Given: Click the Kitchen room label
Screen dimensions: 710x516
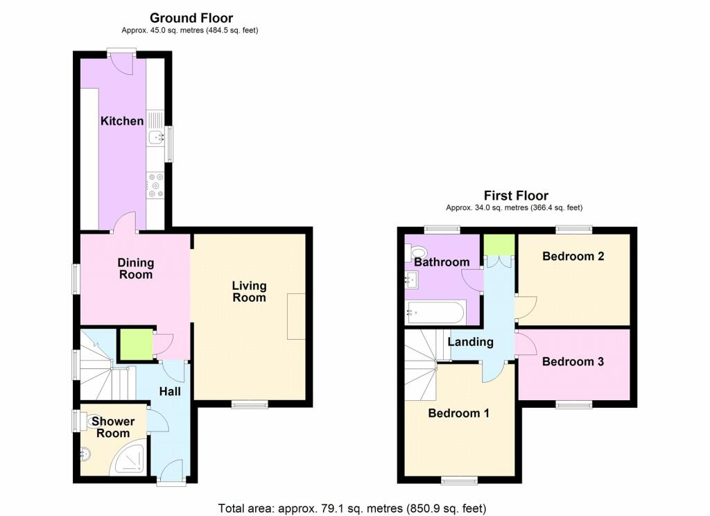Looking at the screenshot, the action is (x=122, y=121).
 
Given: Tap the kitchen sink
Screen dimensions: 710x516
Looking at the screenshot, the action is (x=156, y=137).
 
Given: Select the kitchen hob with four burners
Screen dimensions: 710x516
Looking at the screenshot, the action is (x=156, y=185).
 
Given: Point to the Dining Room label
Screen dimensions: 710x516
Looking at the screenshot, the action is (x=135, y=268).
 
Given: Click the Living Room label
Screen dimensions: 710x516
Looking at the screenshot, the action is (x=249, y=292).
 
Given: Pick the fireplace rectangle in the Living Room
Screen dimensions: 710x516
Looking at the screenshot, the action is (x=296, y=316).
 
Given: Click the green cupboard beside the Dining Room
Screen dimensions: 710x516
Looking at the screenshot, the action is (x=136, y=345).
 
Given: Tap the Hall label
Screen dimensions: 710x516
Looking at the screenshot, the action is (x=170, y=391).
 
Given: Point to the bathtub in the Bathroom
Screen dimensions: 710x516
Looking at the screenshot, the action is (x=435, y=312).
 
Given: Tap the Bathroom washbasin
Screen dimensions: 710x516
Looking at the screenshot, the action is (x=413, y=280).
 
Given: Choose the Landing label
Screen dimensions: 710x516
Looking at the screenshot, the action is (x=471, y=342).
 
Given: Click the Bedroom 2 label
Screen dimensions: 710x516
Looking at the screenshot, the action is (x=573, y=256).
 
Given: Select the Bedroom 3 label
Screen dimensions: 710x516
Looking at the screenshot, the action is (x=573, y=361).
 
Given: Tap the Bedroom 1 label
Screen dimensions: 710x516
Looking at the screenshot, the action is (x=459, y=413).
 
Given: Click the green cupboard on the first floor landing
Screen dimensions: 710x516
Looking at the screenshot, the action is (x=499, y=245).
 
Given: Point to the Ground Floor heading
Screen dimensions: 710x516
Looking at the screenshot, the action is (x=191, y=18).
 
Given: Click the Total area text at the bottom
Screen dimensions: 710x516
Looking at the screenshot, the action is (x=352, y=508).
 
